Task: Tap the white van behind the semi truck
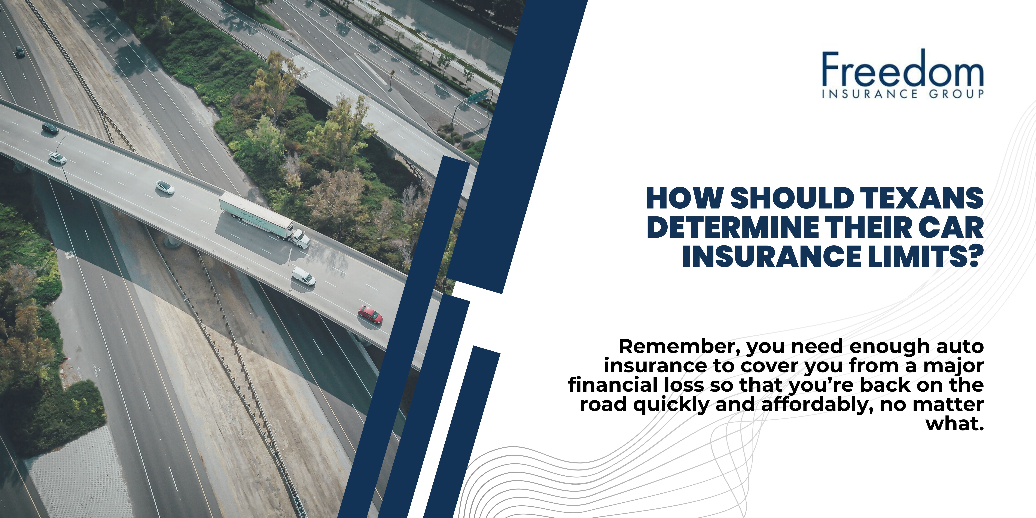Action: tap(303, 276)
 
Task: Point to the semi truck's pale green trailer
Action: tap(256, 215)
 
